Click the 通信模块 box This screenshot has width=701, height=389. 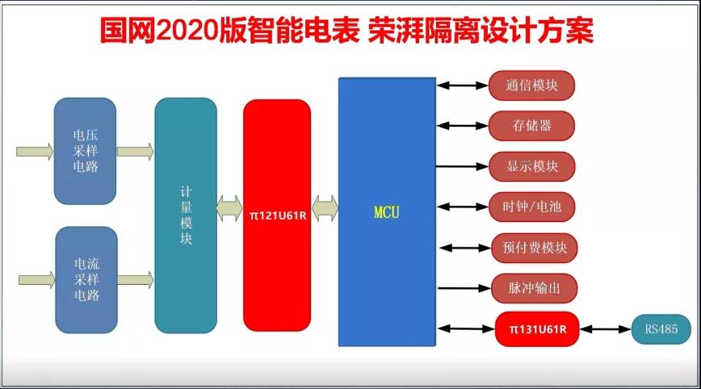pos(531,86)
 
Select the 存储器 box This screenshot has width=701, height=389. pos(531,126)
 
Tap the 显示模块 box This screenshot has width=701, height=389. pos(532,166)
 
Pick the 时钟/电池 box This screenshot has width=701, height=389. pos(532,207)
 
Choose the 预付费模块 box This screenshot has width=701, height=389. pos(535,248)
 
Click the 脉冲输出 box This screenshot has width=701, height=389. pos(535,288)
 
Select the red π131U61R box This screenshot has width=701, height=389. pos(537,329)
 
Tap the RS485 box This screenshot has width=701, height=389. pos(661,329)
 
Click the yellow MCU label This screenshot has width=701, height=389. pos(387,212)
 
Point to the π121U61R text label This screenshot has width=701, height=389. pos(278,215)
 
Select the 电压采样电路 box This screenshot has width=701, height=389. pos(85,151)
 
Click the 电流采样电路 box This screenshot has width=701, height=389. pos(86,279)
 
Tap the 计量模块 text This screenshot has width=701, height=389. pos(186,215)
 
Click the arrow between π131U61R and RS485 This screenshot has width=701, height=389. pos(606,329)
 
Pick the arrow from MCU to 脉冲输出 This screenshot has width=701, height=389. pos(464,288)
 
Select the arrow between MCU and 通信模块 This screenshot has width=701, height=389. pos(462,86)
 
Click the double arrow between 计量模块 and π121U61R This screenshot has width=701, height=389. pos(229,208)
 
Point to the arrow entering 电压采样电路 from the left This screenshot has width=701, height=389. pos(35,152)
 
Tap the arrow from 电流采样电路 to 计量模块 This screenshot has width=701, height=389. pos(136,280)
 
